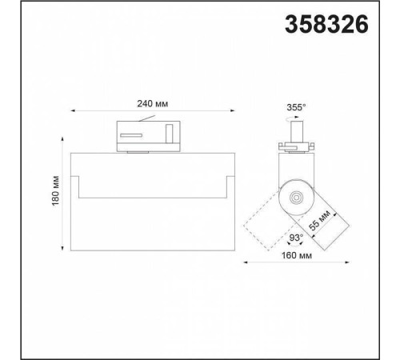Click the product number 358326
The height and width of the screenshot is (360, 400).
click(x=326, y=24)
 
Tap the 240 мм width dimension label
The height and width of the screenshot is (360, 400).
click(x=153, y=104)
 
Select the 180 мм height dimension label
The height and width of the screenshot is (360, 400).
click(x=55, y=190)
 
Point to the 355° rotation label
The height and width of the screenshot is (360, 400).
click(x=296, y=107)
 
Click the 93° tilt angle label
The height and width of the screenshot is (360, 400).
click(x=296, y=238)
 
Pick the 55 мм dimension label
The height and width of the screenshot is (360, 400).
click(x=319, y=220)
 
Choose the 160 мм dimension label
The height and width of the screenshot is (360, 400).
click(x=297, y=255)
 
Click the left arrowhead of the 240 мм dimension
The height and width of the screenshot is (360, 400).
click(x=73, y=110)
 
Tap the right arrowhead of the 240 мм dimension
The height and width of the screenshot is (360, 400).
click(x=233, y=110)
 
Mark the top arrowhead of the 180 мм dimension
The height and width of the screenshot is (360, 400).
click(x=62, y=139)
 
